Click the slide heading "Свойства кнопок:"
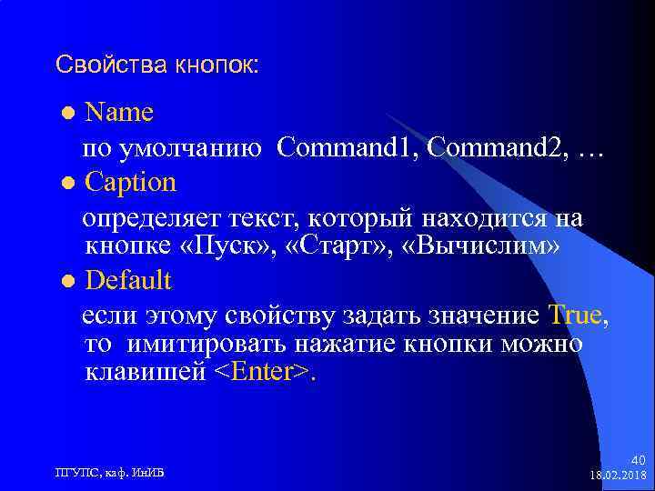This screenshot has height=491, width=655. click(156, 65)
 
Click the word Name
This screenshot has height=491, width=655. click(118, 113)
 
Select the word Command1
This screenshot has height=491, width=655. click(345, 146)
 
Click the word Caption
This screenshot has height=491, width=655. click(130, 182)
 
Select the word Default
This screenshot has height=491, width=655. click(127, 279)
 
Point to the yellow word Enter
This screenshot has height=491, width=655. click(264, 374)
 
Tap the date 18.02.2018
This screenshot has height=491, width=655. click(618, 476)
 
